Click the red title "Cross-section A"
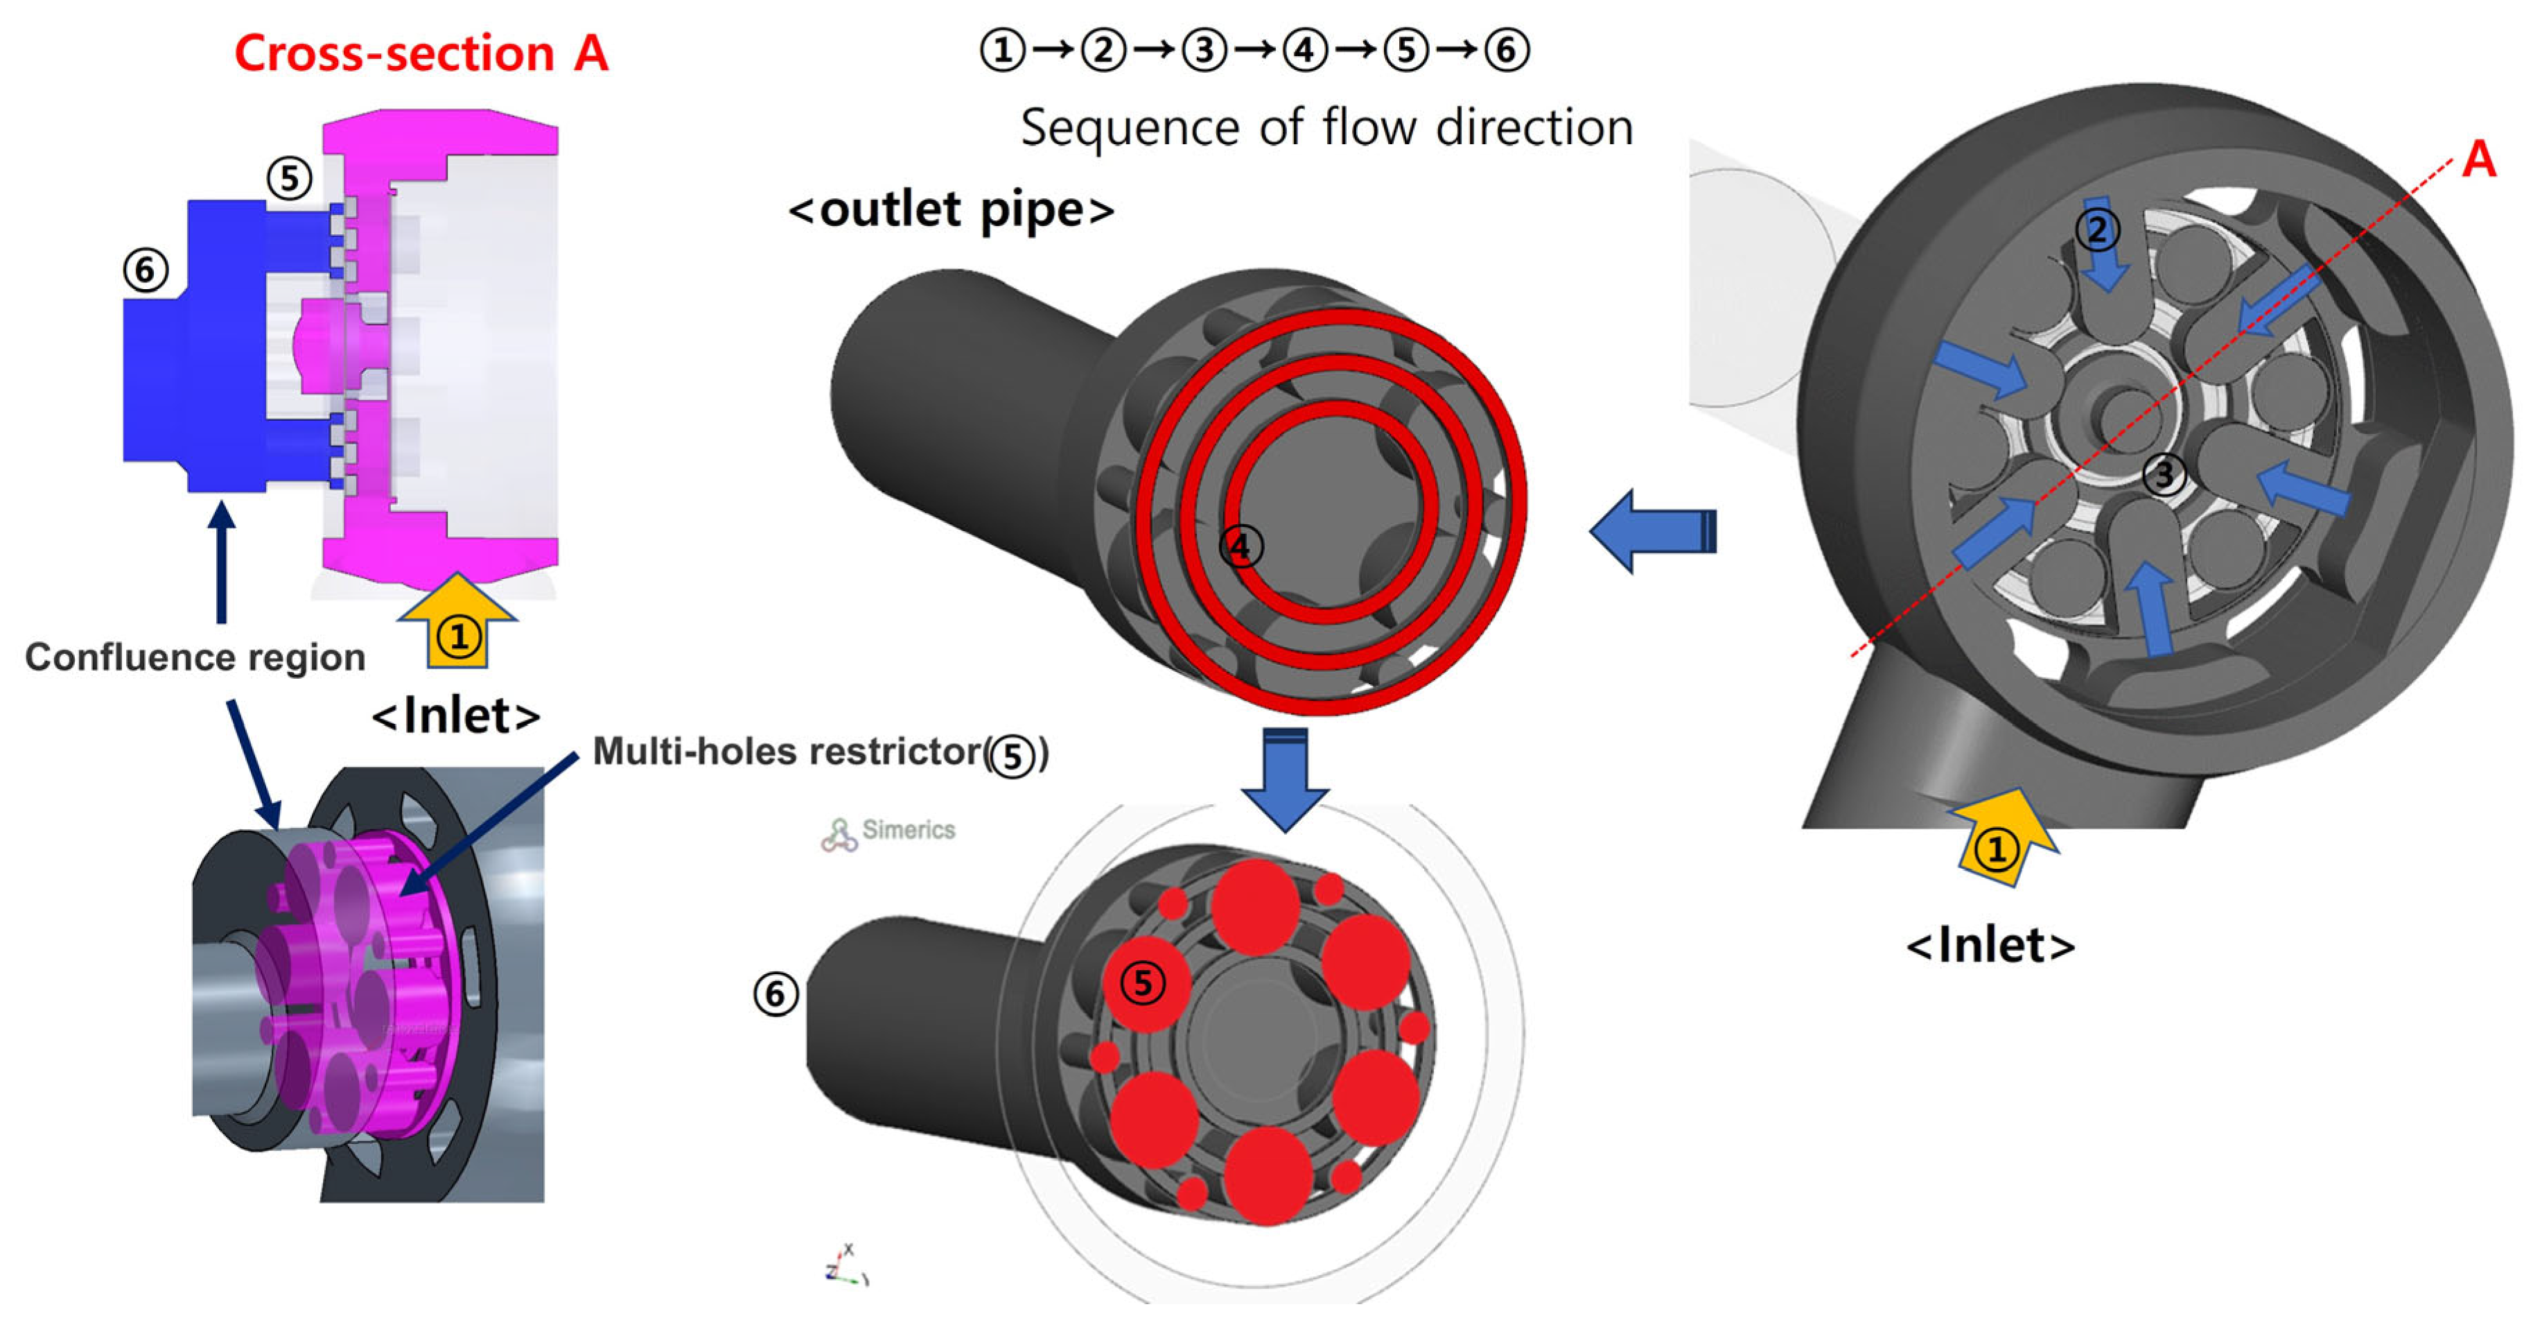[421, 53]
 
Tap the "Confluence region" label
[195, 657]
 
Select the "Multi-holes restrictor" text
[787, 752]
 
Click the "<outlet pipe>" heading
[951, 209]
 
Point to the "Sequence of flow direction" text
[1326, 128]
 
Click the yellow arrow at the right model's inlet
[1999, 837]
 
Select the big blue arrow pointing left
[1652, 531]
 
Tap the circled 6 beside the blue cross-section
[146, 270]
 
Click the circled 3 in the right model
[2164, 474]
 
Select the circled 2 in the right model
[2096, 230]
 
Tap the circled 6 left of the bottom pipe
[775, 994]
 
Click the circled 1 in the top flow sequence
[1003, 50]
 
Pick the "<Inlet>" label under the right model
[1990, 946]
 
